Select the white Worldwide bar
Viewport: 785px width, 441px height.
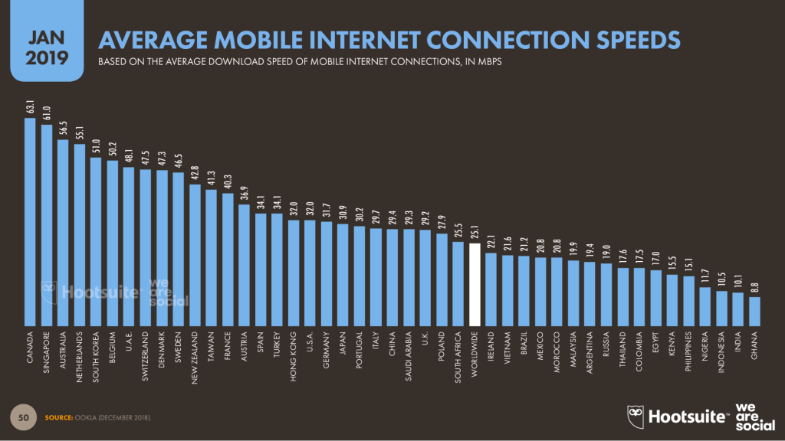(475, 284)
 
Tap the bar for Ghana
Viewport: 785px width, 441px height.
(754, 309)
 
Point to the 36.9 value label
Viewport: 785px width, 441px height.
(245, 191)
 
